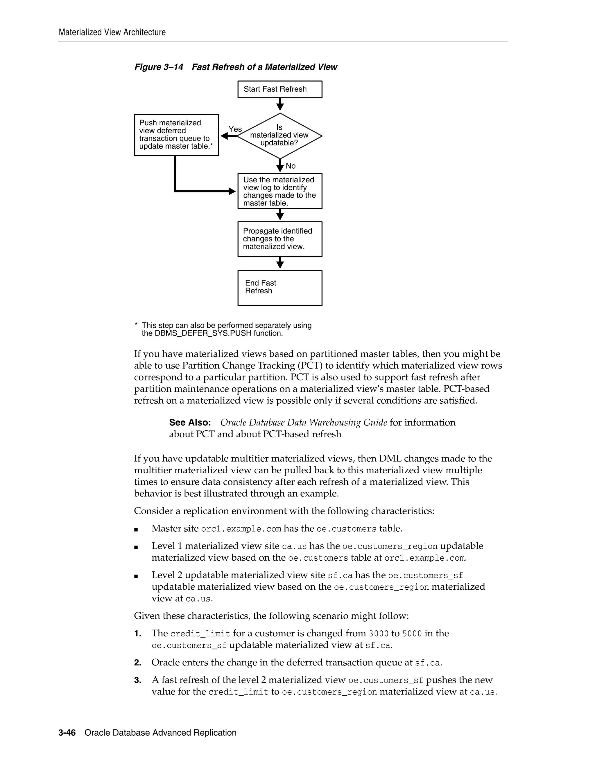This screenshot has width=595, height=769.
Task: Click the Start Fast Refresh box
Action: (x=279, y=89)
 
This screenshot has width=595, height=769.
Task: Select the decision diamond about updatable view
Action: (x=279, y=136)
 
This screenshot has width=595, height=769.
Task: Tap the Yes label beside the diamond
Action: (x=235, y=129)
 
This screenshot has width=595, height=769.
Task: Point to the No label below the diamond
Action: (x=291, y=166)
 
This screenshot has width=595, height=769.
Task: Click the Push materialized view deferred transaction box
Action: (x=176, y=135)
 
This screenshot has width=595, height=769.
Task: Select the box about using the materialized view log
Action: (x=279, y=191)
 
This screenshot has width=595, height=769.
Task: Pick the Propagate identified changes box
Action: (x=279, y=239)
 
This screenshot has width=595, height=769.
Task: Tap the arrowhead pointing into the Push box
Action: (x=225, y=136)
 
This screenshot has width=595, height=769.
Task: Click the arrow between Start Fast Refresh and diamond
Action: (x=280, y=104)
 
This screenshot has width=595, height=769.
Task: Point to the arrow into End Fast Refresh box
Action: (x=280, y=263)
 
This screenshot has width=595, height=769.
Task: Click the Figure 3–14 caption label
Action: (x=159, y=67)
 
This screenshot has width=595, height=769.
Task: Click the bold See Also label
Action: (x=190, y=423)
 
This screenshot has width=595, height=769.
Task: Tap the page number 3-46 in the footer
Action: (x=67, y=732)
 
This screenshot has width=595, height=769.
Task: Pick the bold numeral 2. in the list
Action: (x=137, y=663)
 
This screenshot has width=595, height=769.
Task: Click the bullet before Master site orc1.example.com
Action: (x=136, y=530)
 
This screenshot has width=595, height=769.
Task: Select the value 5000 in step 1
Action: (x=412, y=634)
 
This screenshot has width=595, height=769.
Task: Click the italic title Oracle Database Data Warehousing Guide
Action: (x=304, y=423)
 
